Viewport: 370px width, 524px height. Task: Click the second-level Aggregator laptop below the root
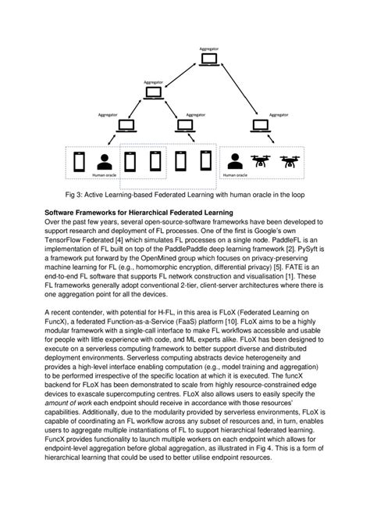pos(154,93)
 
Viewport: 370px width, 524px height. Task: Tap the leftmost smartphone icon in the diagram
pos(78,162)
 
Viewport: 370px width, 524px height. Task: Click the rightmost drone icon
pos(290,162)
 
